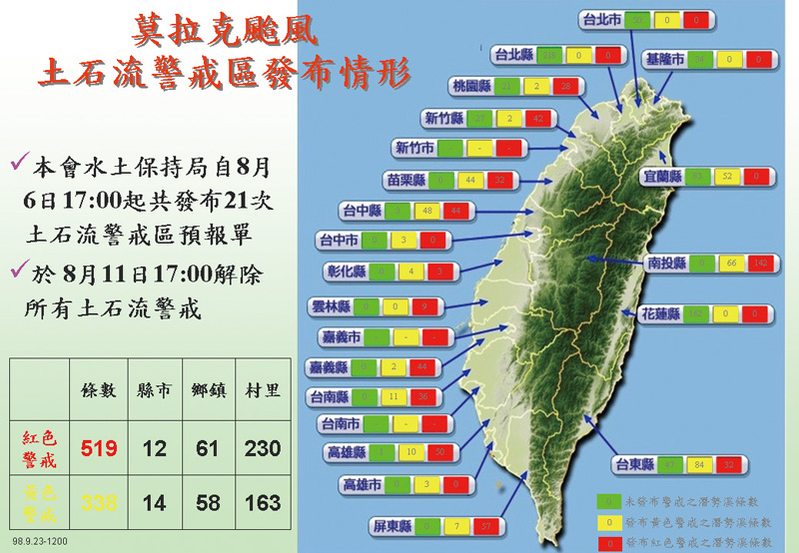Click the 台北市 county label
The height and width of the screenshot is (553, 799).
602,19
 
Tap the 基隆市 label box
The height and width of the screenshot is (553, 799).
664,60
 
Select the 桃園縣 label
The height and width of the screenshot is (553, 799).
472,87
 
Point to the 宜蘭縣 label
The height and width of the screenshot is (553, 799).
662,177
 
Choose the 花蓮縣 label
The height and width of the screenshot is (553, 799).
660,313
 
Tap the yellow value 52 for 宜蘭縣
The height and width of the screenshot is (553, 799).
726,177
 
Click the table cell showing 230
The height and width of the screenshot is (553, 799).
263,449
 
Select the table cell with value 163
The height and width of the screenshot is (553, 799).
263,502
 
